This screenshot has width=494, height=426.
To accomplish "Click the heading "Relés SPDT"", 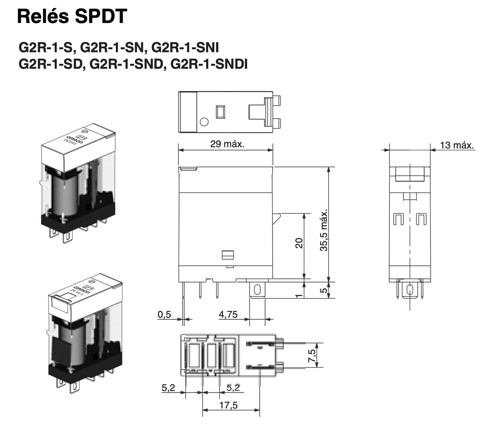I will pyautogui.click(x=72, y=16).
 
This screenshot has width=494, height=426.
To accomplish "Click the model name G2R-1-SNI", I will pyautogui.click(x=185, y=48).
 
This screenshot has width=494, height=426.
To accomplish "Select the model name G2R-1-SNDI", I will pyautogui.click(x=209, y=64).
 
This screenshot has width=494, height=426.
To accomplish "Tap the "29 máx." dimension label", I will pyautogui.click(x=227, y=144).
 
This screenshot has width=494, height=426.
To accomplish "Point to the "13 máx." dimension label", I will pyautogui.click(x=457, y=145).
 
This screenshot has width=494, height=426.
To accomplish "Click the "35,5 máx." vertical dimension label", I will pyautogui.click(x=324, y=230).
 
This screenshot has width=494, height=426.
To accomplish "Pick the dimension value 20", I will pyautogui.click(x=299, y=243).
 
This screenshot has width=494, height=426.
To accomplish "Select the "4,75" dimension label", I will pyautogui.click(x=228, y=314).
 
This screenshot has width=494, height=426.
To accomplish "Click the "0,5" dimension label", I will pyautogui.click(x=164, y=314).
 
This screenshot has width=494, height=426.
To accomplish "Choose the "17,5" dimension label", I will pyautogui.click(x=228, y=405).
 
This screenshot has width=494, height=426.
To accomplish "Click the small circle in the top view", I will pyautogui.click(x=204, y=122).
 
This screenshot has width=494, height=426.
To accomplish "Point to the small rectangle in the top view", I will pyautogui.click(x=220, y=112).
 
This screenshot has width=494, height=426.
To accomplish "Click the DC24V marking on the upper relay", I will pyautogui.click(x=70, y=142).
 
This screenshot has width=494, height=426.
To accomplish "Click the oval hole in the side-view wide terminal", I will pyautogui.click(x=257, y=290).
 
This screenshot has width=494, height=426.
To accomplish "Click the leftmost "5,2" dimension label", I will pyautogui.click(x=168, y=388).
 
